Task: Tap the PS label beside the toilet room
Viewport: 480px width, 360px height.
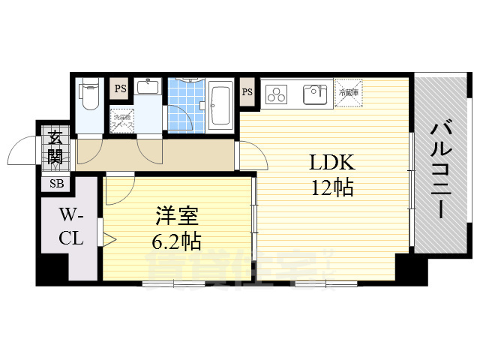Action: point(120,88)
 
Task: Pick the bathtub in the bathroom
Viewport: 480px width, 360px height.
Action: point(220,106)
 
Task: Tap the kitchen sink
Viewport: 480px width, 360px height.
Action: point(314,94)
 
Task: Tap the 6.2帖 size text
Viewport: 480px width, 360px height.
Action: point(177,241)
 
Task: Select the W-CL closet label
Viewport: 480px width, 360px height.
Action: point(71,227)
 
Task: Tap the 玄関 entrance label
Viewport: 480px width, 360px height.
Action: point(55,147)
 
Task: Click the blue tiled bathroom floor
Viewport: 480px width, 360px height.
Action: point(184,105)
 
